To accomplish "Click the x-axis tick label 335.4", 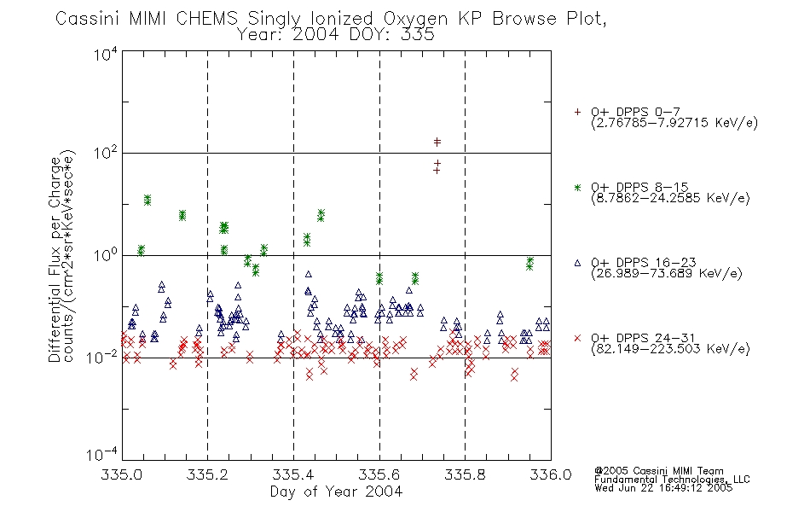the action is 293,474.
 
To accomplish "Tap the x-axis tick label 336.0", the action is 551,474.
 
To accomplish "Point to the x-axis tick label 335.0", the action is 122,474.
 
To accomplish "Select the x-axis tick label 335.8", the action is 465,474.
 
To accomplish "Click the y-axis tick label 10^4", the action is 106,54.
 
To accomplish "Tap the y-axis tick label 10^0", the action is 106,255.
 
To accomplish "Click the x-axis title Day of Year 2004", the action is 336,492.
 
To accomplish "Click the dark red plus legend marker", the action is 577,112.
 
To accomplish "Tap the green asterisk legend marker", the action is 577,187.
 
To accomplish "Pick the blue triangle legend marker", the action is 577,263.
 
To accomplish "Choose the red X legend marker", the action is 577,338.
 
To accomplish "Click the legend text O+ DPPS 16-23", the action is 644,262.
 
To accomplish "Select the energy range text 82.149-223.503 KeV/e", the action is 670,349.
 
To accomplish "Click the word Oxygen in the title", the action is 415,19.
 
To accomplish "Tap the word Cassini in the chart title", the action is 89,19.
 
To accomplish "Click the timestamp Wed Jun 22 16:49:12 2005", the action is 663,488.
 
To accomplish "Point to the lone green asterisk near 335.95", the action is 529,263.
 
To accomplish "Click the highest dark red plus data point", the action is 437,141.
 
